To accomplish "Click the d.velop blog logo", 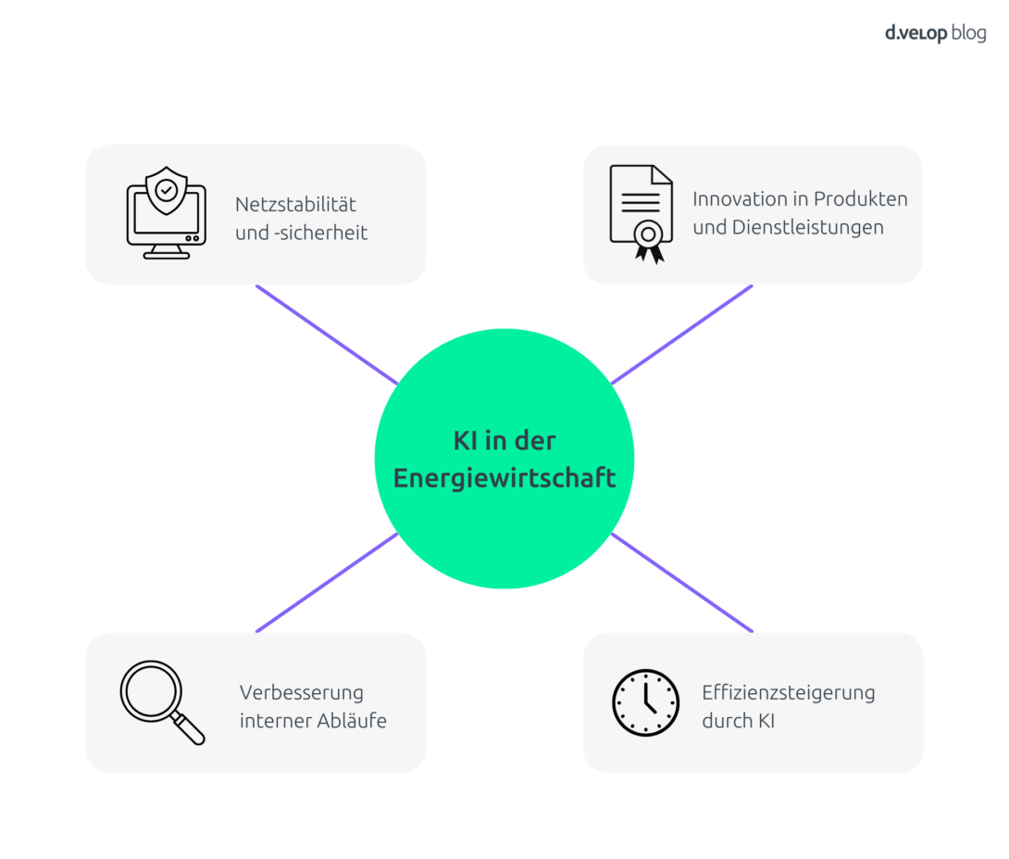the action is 935,32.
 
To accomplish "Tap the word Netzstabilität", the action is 295,205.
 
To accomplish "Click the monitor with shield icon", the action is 167,213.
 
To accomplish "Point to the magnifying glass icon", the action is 162,702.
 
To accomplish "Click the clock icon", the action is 645,702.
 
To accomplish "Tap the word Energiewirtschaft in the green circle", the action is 504,478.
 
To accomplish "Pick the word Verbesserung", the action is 301,693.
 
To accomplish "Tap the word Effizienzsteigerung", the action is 789,693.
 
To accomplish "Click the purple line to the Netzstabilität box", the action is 327,335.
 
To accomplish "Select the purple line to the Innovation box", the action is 681,335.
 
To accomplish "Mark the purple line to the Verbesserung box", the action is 327,583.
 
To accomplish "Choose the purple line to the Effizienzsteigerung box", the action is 681,583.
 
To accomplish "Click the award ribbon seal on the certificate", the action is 649,241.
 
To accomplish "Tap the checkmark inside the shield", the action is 167,191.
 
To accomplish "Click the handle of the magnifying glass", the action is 188,728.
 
